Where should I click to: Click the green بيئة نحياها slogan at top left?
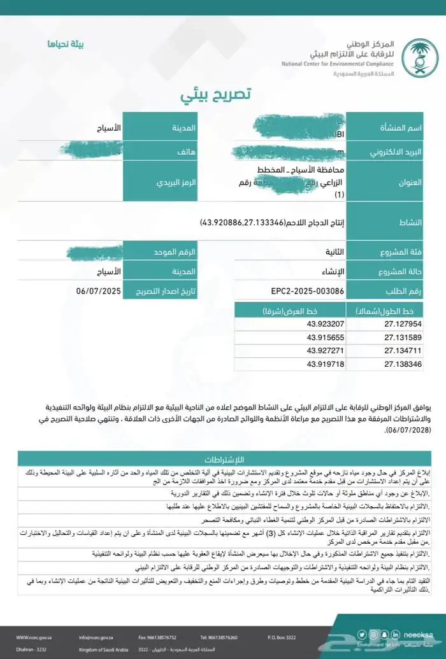click(66, 44)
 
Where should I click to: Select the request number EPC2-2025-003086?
click(308, 291)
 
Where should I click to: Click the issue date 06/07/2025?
click(98, 291)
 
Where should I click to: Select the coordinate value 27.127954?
click(403, 323)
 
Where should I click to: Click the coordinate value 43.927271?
click(326, 350)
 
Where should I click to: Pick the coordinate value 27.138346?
click(403, 364)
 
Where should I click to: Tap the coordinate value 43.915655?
click(326, 337)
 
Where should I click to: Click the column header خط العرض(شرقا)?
click(285, 311)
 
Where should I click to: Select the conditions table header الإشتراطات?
click(227, 459)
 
